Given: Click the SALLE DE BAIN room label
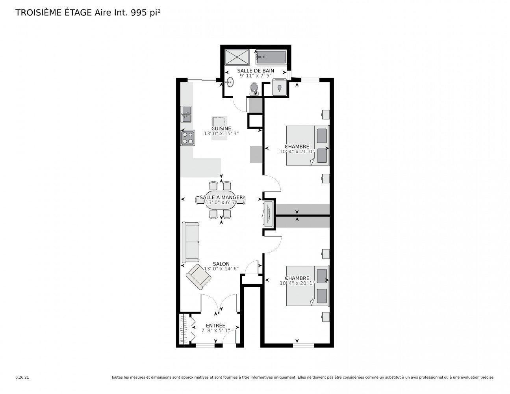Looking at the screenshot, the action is tap(256, 71).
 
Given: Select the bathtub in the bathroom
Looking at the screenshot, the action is tap(271, 57).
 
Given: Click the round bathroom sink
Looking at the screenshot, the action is tap(230, 82).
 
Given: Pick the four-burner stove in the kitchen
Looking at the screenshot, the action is tap(188, 138).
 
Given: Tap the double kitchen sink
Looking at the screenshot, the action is tap(186, 114).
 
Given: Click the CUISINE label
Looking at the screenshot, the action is tap(221, 128).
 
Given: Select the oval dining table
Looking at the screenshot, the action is tap(221, 200).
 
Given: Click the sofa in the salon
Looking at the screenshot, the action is tap(191, 242).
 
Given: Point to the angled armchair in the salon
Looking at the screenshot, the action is tap(198, 277).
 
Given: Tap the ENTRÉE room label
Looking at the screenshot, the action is tap(215, 326).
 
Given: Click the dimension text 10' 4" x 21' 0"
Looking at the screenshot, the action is tap(297, 151).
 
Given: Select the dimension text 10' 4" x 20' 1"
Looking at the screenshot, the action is tap(297, 283).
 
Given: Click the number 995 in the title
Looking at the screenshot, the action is tap(139, 13).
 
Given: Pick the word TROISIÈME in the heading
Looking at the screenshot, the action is tap(39, 13).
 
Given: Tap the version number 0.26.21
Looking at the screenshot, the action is tap(22, 384).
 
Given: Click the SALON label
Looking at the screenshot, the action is tap(221, 264).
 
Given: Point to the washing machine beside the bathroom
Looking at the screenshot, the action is tap(279, 87).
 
